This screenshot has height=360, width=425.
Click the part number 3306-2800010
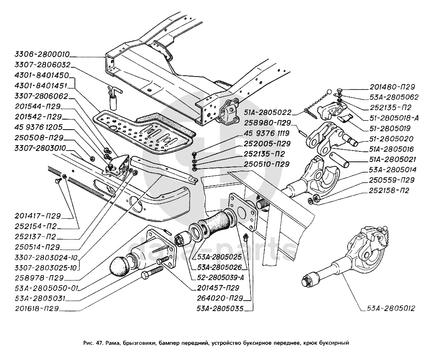(x=42, y=55)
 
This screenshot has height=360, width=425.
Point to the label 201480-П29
(x=392, y=87)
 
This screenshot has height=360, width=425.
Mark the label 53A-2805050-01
(x=46, y=289)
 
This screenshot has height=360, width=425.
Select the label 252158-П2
(x=389, y=190)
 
